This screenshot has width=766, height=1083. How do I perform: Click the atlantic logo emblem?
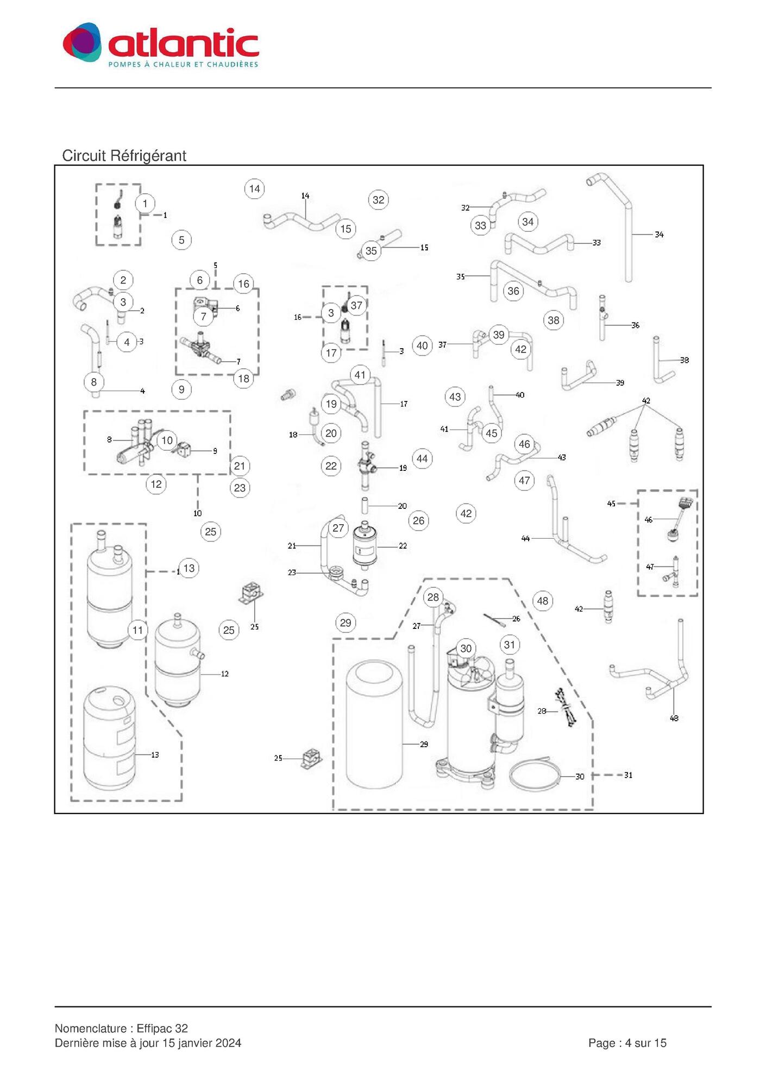pos(82,42)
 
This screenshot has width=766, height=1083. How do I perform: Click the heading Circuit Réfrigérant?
pos(124,156)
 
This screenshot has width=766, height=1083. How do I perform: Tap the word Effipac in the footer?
pos(155,1029)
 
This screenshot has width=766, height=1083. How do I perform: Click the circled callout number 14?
pos(254,189)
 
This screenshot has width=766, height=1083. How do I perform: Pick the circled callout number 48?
pos(543,601)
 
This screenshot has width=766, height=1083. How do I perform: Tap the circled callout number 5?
pos(181,240)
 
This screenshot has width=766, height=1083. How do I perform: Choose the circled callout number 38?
pos(554,320)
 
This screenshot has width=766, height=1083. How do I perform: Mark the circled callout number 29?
pos(346,622)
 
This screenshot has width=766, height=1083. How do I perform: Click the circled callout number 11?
pos(138,630)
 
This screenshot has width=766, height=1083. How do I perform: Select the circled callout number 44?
pos(422,458)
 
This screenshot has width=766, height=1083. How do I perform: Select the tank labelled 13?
pos(109,738)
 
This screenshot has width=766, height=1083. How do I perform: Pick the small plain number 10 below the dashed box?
pos(198,513)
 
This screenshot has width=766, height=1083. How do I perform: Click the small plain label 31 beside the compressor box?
pos(628,775)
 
